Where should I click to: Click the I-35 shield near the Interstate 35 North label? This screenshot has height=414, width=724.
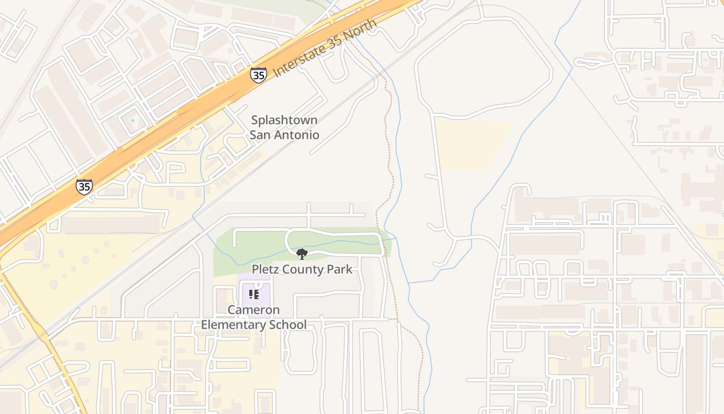tap(259, 75)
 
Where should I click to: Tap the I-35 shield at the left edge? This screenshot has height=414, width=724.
tap(84, 186)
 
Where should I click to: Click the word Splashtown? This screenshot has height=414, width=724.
tap(284, 120)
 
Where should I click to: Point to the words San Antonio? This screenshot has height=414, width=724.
tap(284, 135)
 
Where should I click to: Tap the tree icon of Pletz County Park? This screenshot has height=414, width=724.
tap(301, 254)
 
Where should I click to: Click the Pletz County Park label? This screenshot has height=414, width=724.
tap(301, 269)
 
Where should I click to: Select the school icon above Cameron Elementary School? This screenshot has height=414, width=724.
tap(253, 294)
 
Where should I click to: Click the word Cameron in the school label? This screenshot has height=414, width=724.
tap(253, 310)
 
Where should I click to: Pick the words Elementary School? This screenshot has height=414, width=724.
tap(253, 325)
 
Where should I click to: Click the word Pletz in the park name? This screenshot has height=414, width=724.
tap(265, 269)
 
